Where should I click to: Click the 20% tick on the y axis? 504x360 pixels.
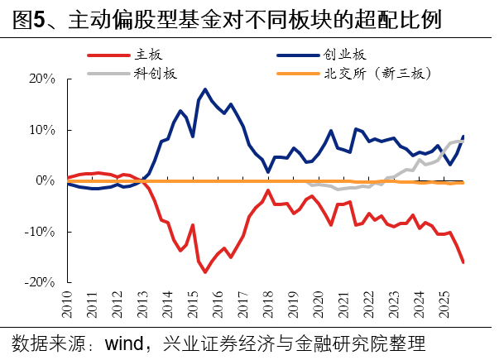40,79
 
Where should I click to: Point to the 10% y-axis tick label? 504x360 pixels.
40,130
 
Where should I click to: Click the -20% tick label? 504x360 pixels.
38,282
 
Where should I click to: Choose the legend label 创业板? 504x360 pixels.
347,55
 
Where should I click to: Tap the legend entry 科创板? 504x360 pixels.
156,73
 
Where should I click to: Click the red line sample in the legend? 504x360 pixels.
107,55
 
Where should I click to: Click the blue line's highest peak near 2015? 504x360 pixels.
204,89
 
